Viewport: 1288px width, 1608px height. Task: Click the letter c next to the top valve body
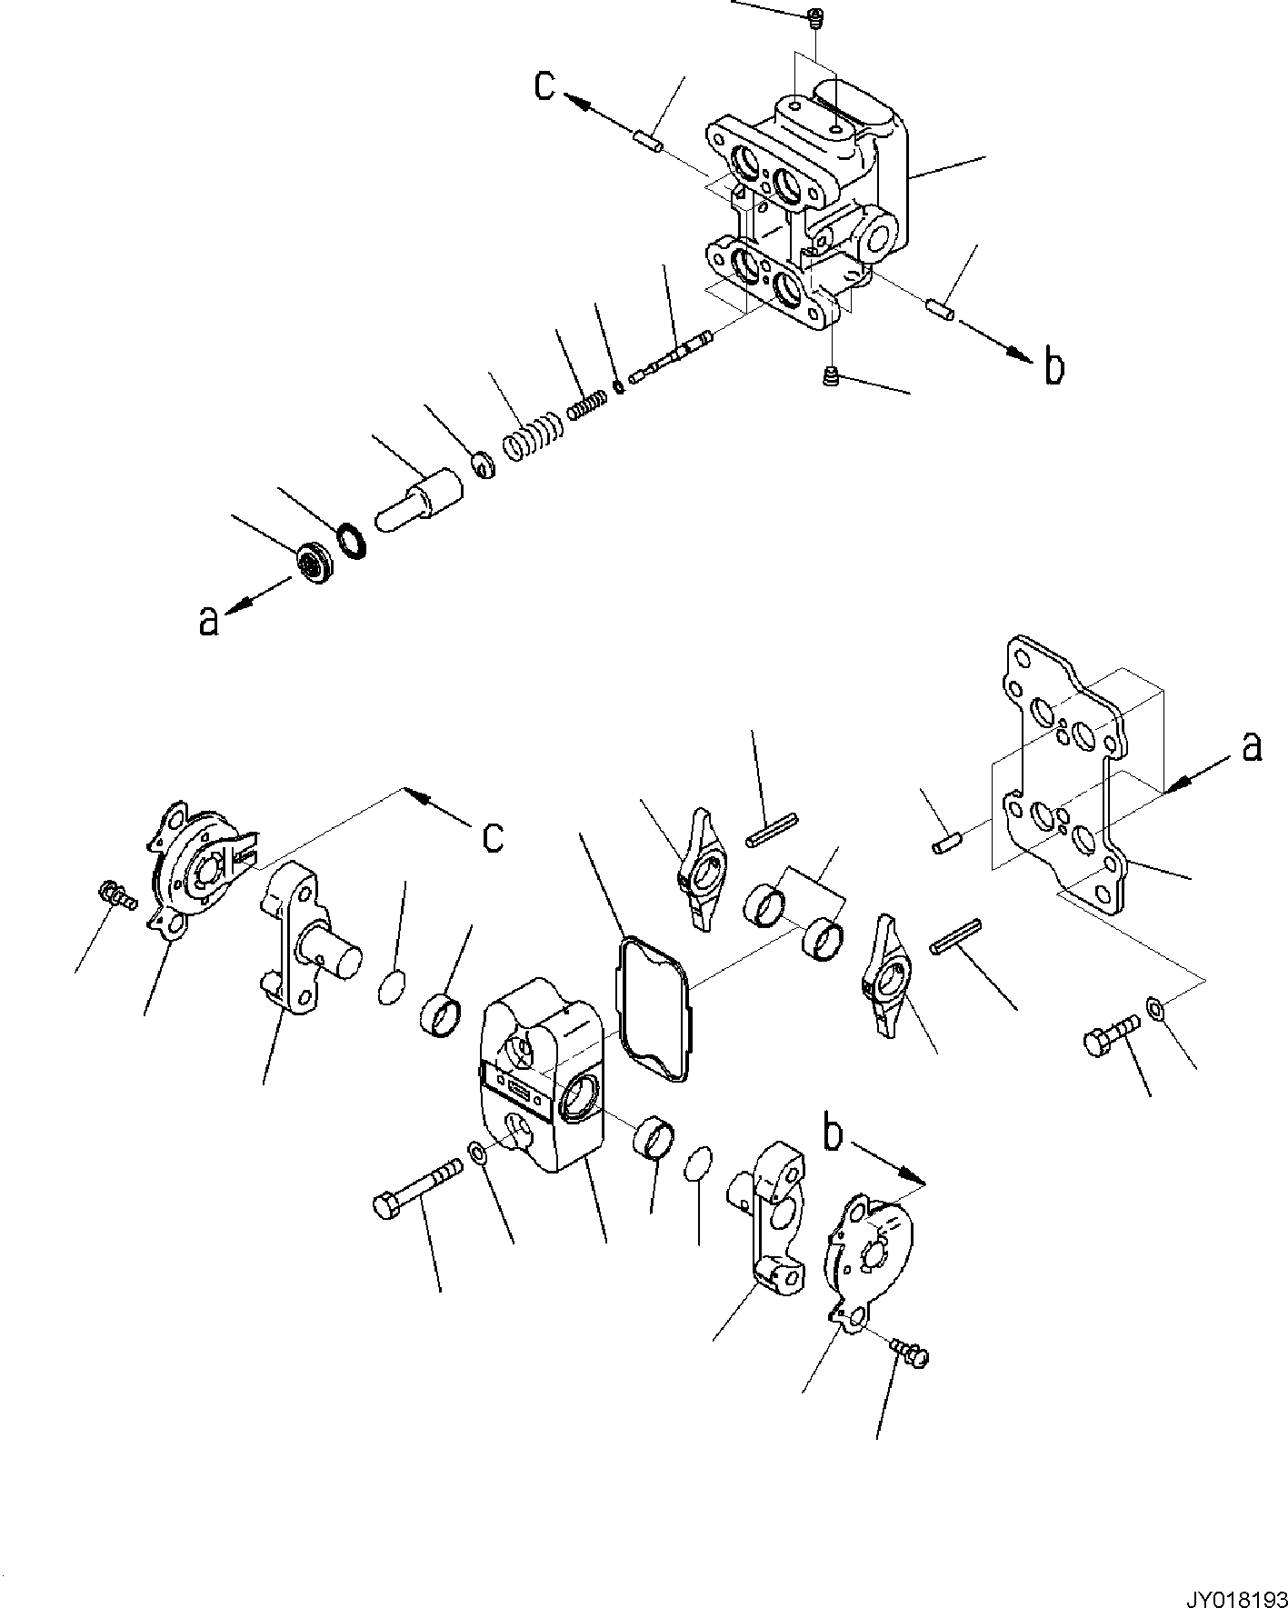click(544, 85)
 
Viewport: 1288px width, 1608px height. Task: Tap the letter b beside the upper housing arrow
click(1053, 366)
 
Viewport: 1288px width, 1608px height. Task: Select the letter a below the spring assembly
click(209, 621)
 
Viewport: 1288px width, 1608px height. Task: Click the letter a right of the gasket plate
click(1252, 746)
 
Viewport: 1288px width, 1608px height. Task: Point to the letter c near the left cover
click(493, 837)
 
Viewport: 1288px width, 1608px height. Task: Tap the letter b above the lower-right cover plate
click(833, 1134)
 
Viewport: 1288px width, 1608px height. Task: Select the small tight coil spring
click(587, 402)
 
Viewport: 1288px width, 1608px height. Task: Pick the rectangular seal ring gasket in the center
click(654, 1010)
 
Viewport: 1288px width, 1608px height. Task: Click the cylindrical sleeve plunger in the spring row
click(420, 503)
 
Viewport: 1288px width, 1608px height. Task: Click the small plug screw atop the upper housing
click(814, 15)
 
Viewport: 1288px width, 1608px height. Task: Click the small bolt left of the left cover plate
click(115, 894)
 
